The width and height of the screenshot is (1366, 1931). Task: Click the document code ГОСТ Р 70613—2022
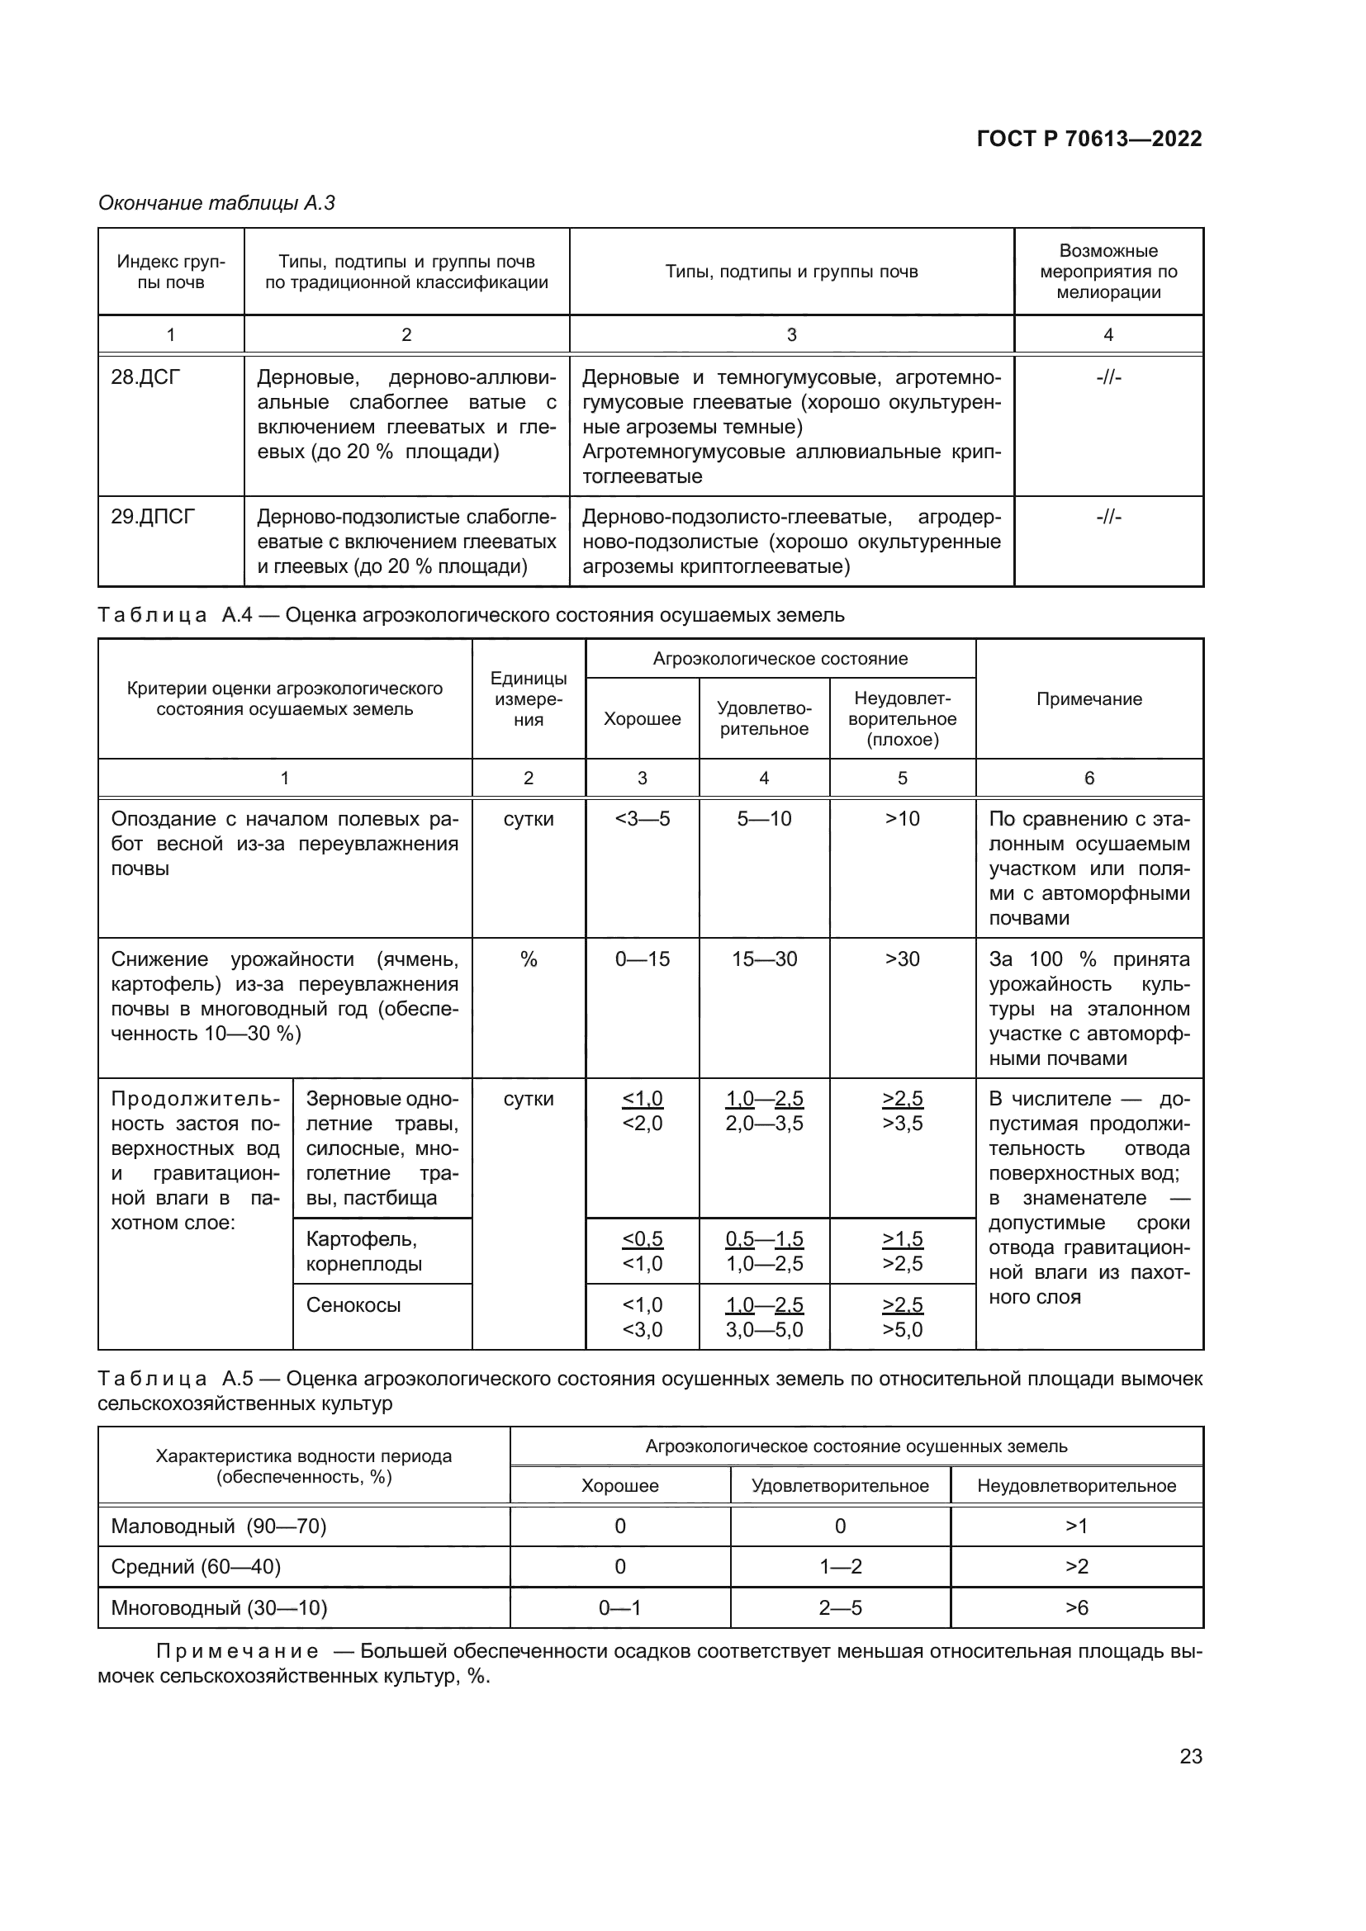[1089, 139]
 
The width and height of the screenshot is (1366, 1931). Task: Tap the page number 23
[1190, 1756]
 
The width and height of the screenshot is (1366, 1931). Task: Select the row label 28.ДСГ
[145, 377]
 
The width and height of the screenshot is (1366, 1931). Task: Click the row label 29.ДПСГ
[152, 516]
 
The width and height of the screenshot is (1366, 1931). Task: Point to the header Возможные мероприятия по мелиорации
[1108, 272]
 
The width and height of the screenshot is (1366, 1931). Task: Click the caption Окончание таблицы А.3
[216, 203]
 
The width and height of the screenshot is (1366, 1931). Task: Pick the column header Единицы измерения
[529, 699]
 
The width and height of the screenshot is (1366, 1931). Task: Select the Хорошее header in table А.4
[642, 719]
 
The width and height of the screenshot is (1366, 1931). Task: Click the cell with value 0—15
[642, 958]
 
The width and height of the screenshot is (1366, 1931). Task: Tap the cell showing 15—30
[764, 958]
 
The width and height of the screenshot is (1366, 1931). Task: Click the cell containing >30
[902, 958]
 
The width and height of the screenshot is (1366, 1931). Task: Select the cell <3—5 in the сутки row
[642, 818]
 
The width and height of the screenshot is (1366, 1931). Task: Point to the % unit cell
[529, 958]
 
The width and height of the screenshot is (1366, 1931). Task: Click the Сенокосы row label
[353, 1304]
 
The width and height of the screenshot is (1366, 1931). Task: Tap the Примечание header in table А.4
[1089, 699]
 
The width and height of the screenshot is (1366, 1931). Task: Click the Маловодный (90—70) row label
[219, 1526]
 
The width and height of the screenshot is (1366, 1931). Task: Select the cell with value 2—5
[839, 1608]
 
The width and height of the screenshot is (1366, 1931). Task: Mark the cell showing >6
[1076, 1608]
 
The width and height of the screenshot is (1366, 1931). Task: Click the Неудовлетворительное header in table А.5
[1076, 1485]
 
